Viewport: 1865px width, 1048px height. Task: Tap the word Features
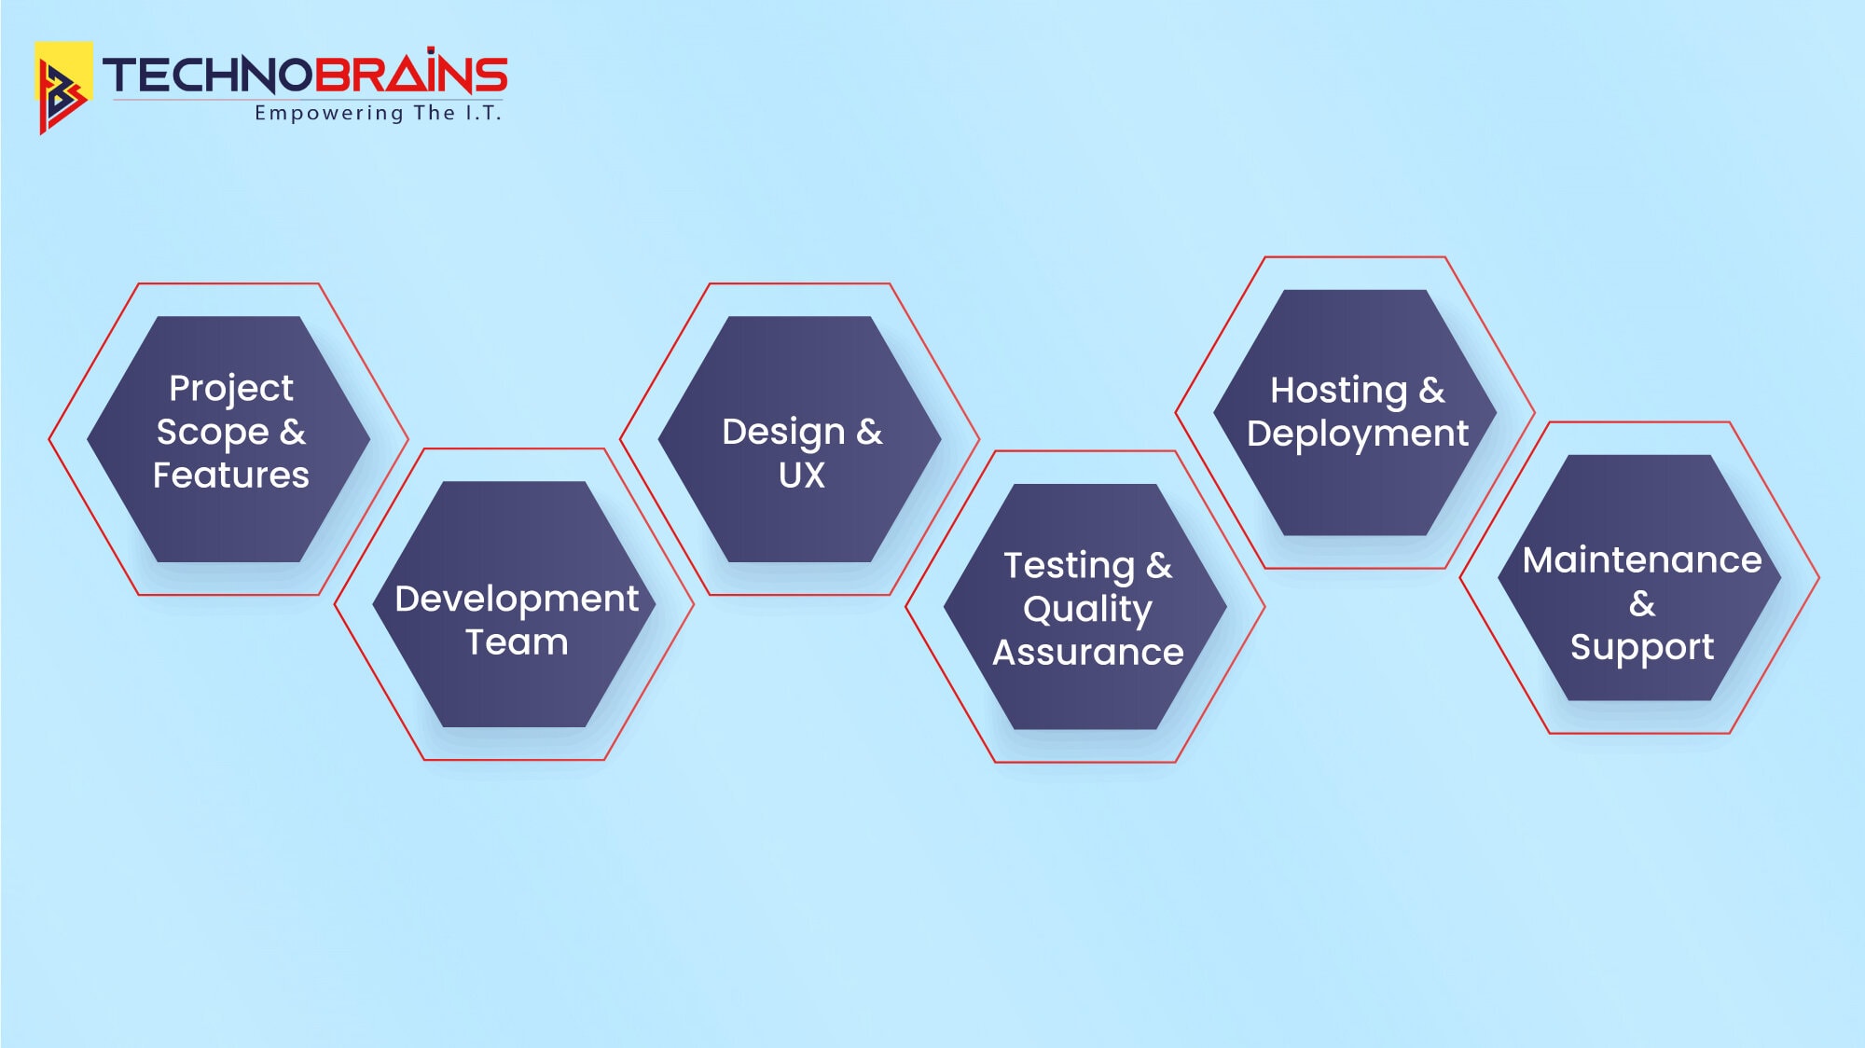[230, 476]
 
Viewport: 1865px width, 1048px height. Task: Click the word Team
[517, 642]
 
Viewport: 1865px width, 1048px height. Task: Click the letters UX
[802, 476]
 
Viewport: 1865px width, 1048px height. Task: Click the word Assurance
[1087, 653]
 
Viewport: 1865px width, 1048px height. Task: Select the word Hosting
[1338, 392]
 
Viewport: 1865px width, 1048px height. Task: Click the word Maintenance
[1642, 560]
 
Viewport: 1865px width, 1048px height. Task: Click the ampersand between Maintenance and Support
[1642, 604]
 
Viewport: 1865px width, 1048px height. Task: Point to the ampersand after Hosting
[1431, 391]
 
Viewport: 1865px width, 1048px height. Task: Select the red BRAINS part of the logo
[409, 73]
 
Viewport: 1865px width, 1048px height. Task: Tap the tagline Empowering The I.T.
[379, 113]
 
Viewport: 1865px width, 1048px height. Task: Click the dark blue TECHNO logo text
[206, 76]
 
